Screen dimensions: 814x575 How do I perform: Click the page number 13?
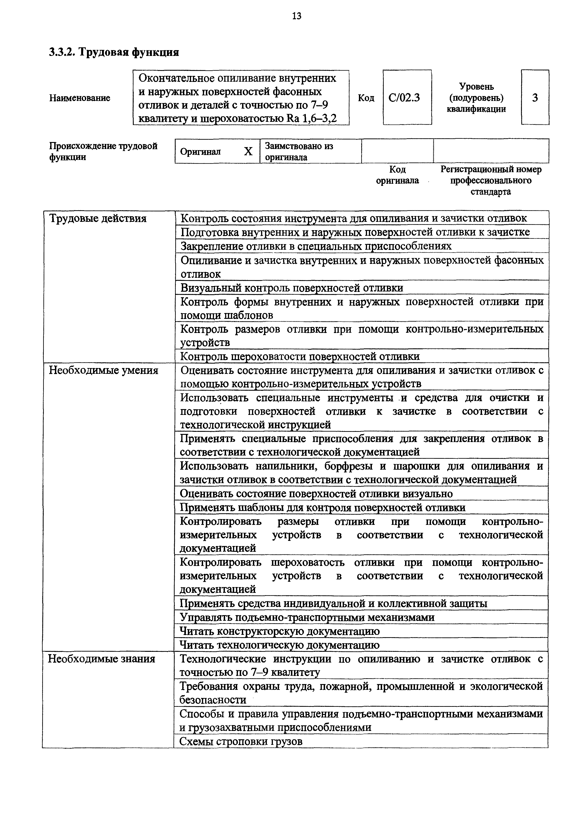tap(297, 16)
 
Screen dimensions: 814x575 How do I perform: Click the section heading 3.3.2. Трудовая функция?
tap(114, 52)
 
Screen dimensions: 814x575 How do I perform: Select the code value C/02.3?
tap(404, 97)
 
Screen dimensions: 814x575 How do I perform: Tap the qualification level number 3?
tap(535, 97)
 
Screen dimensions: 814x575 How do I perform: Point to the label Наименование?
tap(80, 98)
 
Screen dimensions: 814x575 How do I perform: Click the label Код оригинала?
tap(397, 175)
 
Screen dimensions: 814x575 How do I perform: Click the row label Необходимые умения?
tap(103, 371)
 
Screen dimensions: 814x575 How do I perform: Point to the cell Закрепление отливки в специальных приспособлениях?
tap(316, 246)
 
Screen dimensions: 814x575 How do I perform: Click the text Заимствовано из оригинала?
tap(299, 151)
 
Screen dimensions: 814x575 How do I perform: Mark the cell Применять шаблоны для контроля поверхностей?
tap(323, 508)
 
